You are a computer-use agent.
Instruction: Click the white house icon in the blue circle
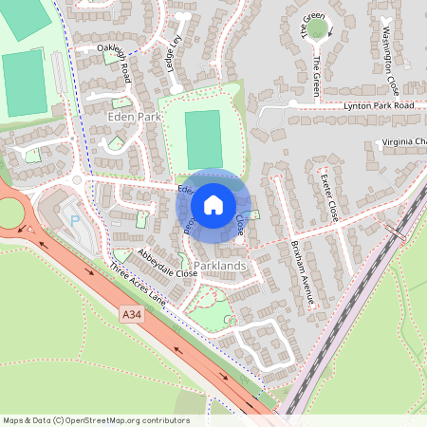[x=213, y=204]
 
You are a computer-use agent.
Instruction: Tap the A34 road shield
[x=132, y=312]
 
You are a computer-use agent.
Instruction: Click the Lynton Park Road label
[x=379, y=105]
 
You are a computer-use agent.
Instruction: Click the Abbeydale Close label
[x=165, y=263]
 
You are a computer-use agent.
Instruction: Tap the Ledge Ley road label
[x=174, y=52]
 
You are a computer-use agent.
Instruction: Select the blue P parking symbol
[x=75, y=220]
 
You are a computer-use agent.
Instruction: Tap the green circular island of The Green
[x=317, y=30]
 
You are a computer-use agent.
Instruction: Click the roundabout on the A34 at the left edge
[x=9, y=211]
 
